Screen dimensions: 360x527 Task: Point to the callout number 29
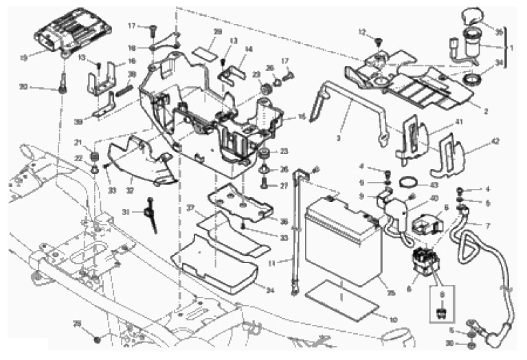(x=217, y=33)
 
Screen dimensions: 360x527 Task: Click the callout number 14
(x=249, y=49)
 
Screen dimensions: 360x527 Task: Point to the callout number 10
(x=394, y=319)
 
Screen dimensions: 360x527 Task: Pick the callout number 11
(x=280, y=264)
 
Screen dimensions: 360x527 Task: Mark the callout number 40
(x=434, y=199)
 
